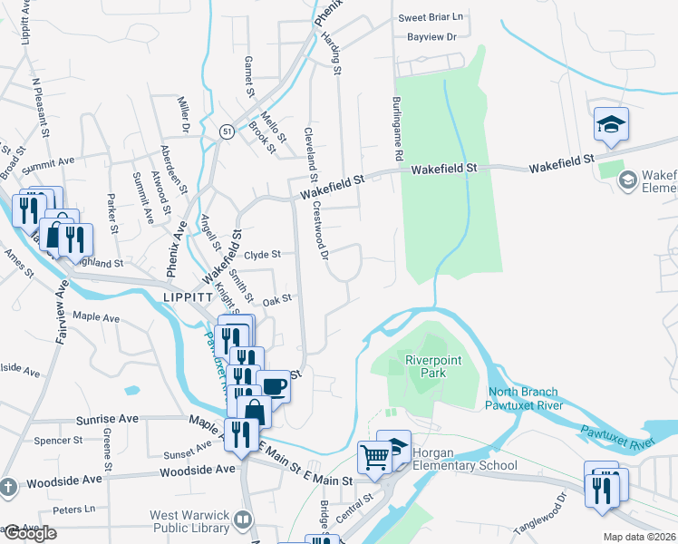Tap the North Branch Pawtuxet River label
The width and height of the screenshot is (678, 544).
pos(520,399)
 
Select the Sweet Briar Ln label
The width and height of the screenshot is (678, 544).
pos(431,17)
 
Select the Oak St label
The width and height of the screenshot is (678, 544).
pos(276,298)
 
